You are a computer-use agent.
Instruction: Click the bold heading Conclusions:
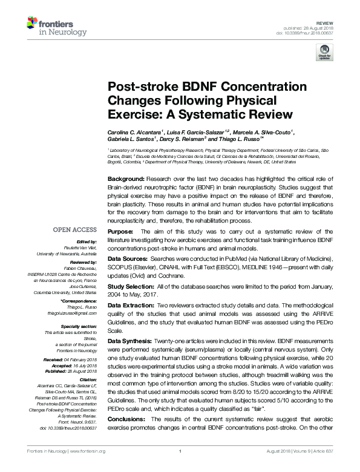[x=128, y=419]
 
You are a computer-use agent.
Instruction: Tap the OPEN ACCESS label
[x=75, y=230]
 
